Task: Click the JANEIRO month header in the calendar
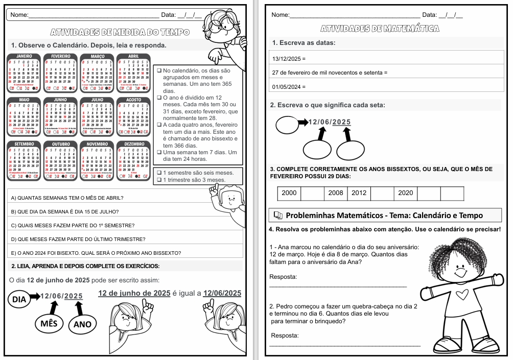tap(25, 56)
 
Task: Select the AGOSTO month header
tap(133, 100)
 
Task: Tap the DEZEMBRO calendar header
tap(133, 144)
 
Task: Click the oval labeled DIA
tap(19, 299)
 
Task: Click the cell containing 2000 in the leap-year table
tap(289, 194)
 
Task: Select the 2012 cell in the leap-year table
tap(359, 194)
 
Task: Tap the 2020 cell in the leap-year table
tap(405, 194)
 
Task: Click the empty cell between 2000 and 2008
tap(313, 194)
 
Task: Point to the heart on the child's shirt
tap(462, 295)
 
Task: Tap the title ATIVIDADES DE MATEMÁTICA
tap(380, 29)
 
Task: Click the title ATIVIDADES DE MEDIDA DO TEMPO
tap(121, 32)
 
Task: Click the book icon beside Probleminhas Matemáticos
tap(277, 215)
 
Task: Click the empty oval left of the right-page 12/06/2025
tap(287, 123)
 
